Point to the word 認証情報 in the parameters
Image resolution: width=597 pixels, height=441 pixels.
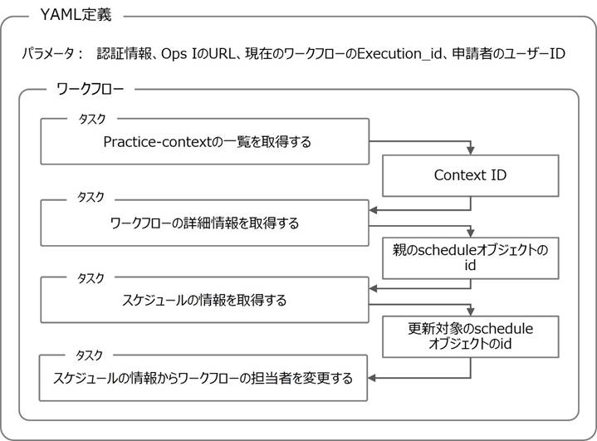point(120,54)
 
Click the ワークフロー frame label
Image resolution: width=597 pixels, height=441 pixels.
point(89,89)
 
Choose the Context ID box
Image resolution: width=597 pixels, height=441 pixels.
point(469,175)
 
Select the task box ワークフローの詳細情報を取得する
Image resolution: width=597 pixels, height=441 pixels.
point(204,223)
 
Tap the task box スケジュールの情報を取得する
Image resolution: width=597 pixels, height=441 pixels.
point(204,300)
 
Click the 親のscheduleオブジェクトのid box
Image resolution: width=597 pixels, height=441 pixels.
point(469,257)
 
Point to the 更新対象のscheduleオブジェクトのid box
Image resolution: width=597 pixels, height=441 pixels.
point(469,336)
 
